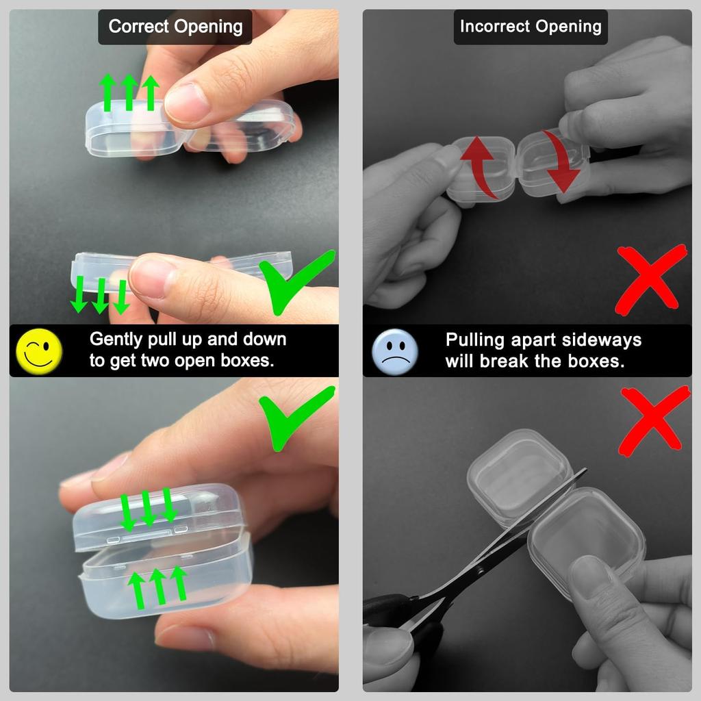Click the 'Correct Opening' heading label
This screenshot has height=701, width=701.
coord(175,27)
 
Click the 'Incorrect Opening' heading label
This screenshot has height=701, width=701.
coord(530,27)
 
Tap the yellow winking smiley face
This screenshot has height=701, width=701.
coord(39,350)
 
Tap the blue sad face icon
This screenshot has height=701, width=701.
coord(394,350)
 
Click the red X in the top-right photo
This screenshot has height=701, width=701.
coord(650,279)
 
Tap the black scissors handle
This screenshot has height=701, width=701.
coord(390,609)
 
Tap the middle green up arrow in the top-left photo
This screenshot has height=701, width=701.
coord(129,92)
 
